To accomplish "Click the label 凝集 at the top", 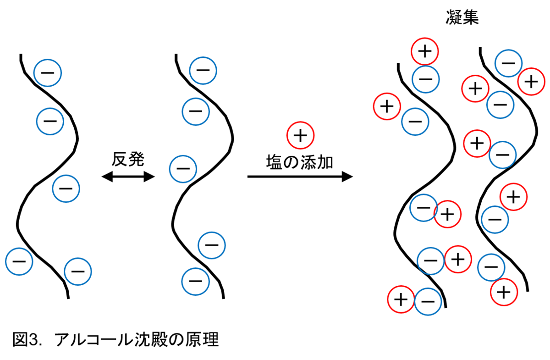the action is point(462,17).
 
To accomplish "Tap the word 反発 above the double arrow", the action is point(128,159).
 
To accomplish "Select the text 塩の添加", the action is point(300,162).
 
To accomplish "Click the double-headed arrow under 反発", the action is point(128,177).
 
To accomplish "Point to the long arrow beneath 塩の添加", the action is point(300,177).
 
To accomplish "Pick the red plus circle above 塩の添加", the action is point(300,135).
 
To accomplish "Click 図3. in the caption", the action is point(27,340).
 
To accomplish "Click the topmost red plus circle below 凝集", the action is point(425,52).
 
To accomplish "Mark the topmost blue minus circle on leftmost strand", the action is point(47,73).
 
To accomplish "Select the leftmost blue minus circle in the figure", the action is point(19,261).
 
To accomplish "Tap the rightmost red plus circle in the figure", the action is point(531,82).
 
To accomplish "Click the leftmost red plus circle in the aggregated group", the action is point(387,106).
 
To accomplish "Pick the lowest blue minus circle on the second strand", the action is point(195,282).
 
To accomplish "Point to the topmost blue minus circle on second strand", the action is point(203,71).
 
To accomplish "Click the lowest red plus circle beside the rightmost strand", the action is point(504,292).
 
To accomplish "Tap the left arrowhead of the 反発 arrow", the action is point(107,177).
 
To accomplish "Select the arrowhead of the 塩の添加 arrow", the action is point(347,177).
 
